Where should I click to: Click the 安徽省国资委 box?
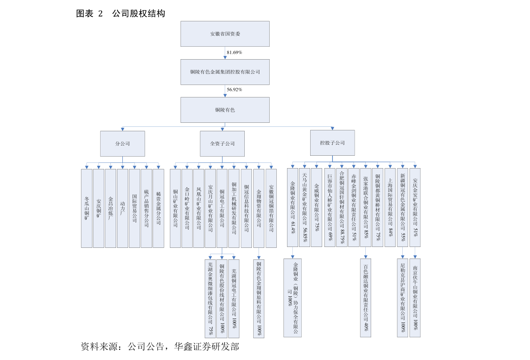[x=225, y=34]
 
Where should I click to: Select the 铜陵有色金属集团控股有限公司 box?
[x=225, y=72]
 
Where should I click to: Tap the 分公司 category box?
[x=122, y=144]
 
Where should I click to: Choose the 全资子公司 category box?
[x=222, y=144]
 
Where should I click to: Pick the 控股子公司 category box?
[x=332, y=143]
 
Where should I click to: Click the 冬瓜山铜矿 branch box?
[x=87, y=208]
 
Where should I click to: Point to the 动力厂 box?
[x=122, y=208]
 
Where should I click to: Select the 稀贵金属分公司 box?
[x=158, y=208]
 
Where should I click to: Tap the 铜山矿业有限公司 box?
[x=175, y=208]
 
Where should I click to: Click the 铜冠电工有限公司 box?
[x=222, y=208]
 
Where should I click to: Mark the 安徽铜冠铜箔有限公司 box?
[x=271, y=208]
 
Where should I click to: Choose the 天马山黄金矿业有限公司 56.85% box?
[x=304, y=207]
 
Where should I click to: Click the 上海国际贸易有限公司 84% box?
[x=390, y=207]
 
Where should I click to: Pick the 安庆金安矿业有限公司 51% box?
[x=415, y=207]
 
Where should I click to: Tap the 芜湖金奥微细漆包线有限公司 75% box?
[x=210, y=299]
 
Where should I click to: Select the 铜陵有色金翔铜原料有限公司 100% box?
[x=259, y=299]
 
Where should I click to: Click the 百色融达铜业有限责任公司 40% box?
[x=365, y=298]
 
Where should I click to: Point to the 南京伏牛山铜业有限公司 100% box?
[x=415, y=298]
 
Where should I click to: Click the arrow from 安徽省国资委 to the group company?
[x=225, y=53]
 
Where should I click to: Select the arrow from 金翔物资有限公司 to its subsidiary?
[x=259, y=254]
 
